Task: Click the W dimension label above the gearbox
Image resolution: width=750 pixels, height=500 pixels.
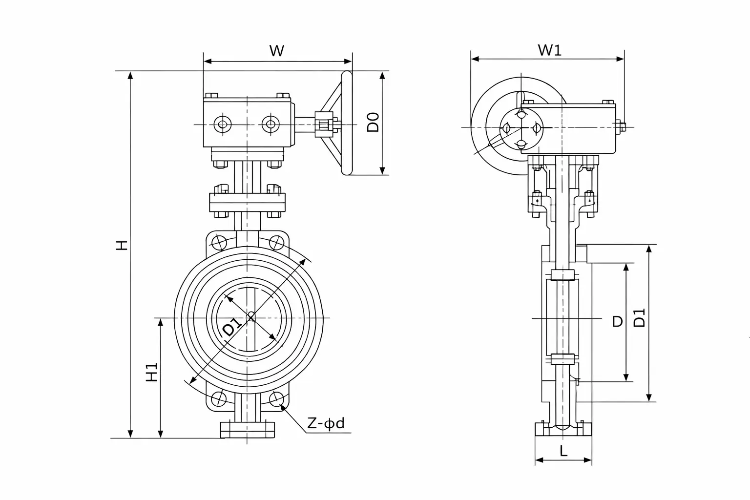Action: [x=276, y=50]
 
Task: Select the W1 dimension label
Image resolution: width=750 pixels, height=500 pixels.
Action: [x=549, y=50]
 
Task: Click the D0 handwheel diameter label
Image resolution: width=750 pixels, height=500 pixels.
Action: [x=373, y=122]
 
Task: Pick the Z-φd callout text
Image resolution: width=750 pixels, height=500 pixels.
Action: [x=326, y=423]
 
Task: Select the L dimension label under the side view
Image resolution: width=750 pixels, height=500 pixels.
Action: [x=563, y=451]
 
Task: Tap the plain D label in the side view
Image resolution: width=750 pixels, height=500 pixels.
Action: [x=618, y=321]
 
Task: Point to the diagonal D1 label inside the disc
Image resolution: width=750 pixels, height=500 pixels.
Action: [x=232, y=327]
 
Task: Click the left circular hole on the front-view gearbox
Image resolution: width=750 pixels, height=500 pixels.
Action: [x=223, y=124]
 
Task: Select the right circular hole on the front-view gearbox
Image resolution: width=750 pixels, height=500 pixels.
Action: [x=270, y=124]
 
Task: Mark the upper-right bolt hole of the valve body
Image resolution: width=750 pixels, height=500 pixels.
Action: [x=277, y=243]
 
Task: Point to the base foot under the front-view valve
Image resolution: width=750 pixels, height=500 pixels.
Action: [x=248, y=430]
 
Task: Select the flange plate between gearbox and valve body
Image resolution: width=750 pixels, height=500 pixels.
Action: [x=248, y=203]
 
